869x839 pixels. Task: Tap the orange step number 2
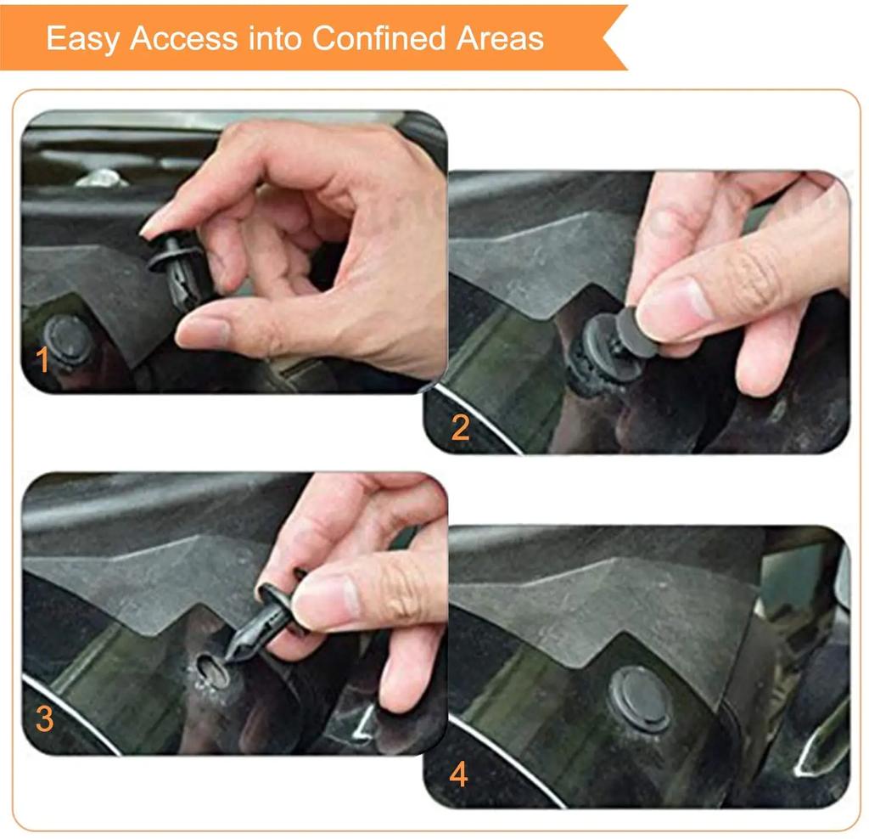pyautogui.click(x=460, y=427)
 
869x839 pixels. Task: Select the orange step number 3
pyautogui.click(x=44, y=719)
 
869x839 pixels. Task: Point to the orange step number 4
pyautogui.click(x=459, y=774)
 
